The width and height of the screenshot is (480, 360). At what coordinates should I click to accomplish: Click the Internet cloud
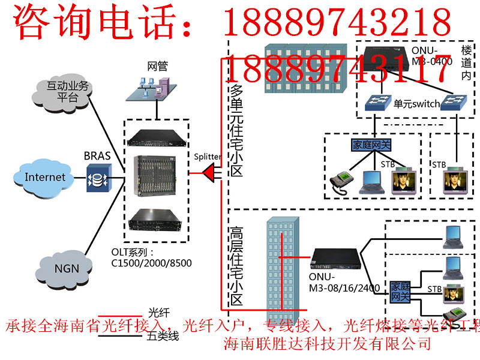click(44, 177)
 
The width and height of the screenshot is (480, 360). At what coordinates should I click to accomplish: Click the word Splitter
click(208, 157)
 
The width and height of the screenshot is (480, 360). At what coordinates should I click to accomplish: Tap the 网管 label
click(157, 65)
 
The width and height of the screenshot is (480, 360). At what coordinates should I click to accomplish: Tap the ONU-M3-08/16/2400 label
click(344, 283)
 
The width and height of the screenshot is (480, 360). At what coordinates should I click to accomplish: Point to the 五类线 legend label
click(163, 337)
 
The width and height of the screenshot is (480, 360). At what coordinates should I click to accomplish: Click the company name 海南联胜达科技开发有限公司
click(327, 344)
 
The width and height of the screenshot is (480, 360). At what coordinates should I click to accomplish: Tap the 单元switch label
click(416, 104)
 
